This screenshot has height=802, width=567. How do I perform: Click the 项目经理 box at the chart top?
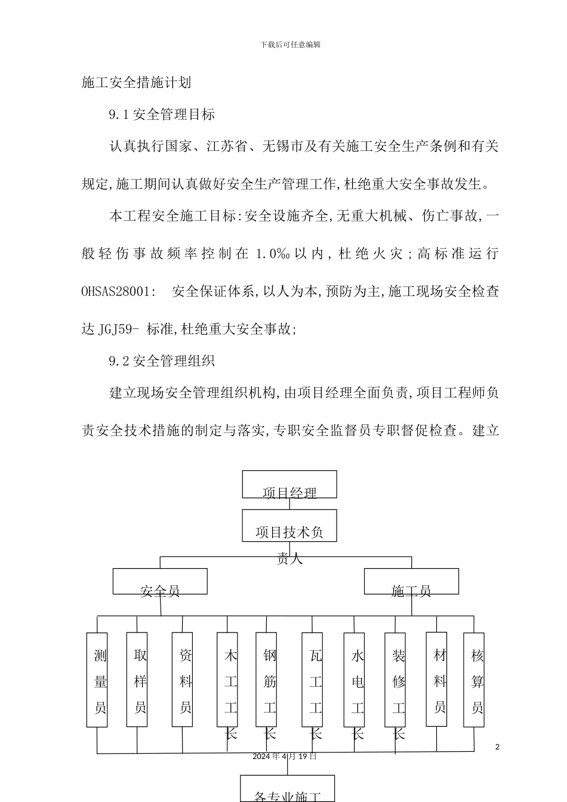(x=289, y=484)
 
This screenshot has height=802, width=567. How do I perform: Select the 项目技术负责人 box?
(x=289, y=526)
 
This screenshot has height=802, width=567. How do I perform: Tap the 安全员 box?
(x=160, y=581)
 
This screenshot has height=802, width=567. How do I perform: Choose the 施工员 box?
(x=411, y=581)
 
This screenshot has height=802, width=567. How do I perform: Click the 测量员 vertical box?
(x=97, y=680)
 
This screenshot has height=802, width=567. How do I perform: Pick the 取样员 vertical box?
(x=137, y=680)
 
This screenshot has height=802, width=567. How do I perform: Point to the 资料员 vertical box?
(x=183, y=680)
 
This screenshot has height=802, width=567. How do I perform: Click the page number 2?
(x=497, y=747)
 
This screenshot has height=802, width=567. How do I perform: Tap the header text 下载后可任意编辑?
(x=291, y=45)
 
